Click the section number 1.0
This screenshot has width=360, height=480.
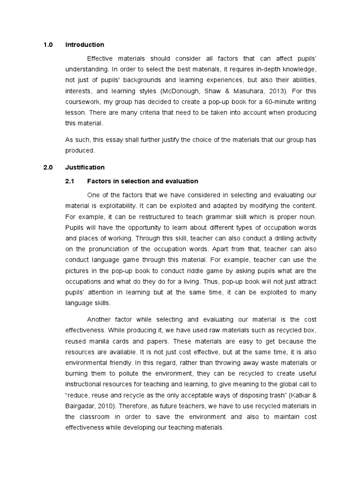[48, 45]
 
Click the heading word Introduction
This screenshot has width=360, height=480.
[84, 45]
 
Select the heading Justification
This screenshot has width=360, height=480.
[85, 167]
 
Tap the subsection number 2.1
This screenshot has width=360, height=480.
[70, 181]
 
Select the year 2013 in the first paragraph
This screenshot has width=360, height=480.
[277, 90]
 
